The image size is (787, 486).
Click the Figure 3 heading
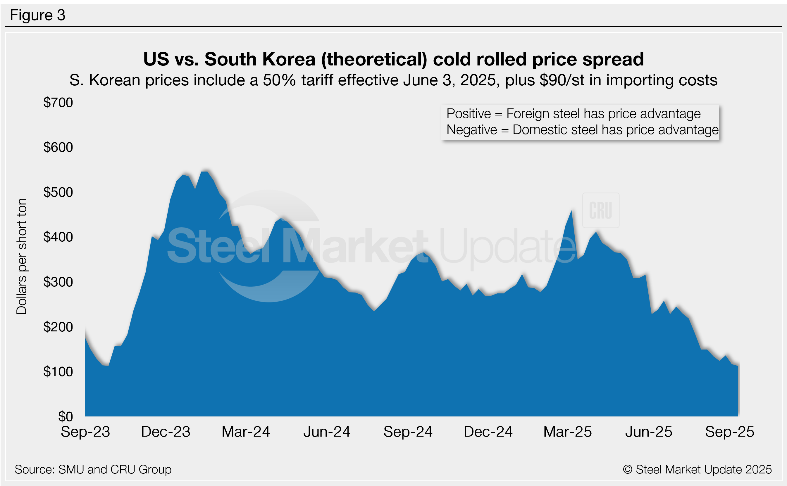38,15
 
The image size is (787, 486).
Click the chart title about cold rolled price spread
393,59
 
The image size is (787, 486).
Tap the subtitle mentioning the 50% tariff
393,80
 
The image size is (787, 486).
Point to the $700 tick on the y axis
58,103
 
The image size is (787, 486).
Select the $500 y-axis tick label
58,192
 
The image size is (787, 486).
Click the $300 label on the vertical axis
58,282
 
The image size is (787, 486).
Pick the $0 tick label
65,416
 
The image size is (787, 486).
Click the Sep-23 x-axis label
86,432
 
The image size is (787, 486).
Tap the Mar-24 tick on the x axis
246,432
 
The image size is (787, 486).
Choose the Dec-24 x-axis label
488,432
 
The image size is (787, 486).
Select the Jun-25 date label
648,432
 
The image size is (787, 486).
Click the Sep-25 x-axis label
729,432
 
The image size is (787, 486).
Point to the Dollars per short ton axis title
22,256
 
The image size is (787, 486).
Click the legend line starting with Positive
574,114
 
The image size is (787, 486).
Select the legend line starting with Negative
583,130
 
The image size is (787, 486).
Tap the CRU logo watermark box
601,210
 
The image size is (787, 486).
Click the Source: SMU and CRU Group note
93,470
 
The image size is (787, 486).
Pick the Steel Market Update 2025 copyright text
697,470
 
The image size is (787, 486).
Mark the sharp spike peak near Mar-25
571,211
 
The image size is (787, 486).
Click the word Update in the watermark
507,247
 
